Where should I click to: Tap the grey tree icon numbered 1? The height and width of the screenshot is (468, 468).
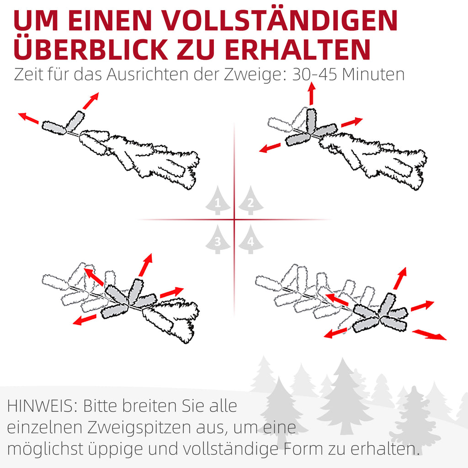pyautogui.click(x=218, y=200)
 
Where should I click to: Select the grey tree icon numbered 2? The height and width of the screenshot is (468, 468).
pyautogui.click(x=251, y=200)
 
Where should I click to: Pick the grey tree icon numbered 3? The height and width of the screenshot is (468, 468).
pyautogui.click(x=218, y=239)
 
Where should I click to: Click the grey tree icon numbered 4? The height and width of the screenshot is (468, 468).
pyautogui.click(x=251, y=239)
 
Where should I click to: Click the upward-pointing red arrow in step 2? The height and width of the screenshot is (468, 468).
pyautogui.click(x=312, y=93)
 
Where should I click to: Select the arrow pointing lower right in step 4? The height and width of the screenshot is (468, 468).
pyautogui.click(x=430, y=335)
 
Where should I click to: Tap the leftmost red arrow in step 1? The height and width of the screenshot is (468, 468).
pyautogui.click(x=28, y=117)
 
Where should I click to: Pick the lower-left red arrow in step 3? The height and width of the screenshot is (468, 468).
pyautogui.click(x=85, y=319)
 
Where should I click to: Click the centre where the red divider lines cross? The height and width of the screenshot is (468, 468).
pyautogui.click(x=234, y=220)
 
